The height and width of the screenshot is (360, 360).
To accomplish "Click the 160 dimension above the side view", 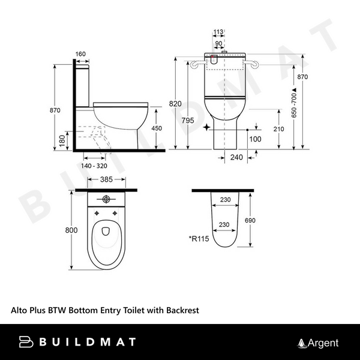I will point(80,54).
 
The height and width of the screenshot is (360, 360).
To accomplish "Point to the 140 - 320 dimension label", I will point(100,165).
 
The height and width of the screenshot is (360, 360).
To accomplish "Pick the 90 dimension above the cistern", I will point(219,43).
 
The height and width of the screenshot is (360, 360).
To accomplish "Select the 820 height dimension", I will point(175,104).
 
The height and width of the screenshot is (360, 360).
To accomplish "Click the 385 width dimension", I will point(106,179).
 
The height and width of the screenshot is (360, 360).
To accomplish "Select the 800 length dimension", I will point(71,229).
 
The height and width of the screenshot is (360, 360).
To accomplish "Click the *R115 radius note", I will point(199,239).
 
